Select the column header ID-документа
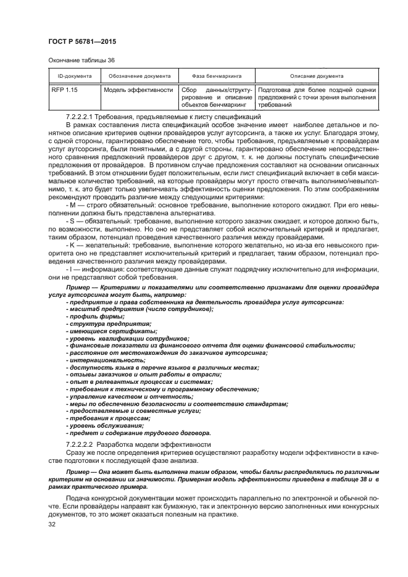(x=71, y=76)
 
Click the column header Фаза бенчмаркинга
(x=215, y=76)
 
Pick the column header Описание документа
(x=317, y=76)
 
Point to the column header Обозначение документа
(x=139, y=76)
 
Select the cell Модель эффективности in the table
(x=138, y=89)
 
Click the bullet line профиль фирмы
(x=91, y=316)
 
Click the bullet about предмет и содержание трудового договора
(x=138, y=433)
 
